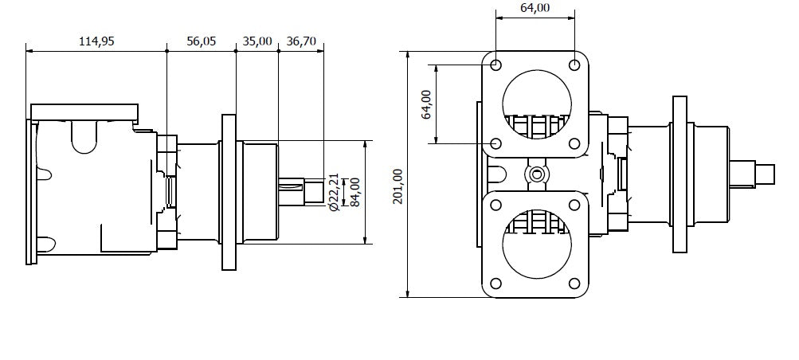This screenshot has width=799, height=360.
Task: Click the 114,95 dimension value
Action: pos(96,41)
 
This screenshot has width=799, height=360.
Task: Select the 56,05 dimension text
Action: pos(202,41)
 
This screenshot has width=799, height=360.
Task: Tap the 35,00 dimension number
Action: pos(257,41)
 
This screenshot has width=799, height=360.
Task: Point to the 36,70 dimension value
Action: pos(301,41)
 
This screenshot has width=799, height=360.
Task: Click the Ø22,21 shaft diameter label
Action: pos(334,192)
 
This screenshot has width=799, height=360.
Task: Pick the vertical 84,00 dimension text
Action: pos(355,192)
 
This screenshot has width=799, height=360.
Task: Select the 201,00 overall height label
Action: pos(398,186)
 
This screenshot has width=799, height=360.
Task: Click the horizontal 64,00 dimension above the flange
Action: pos(535,8)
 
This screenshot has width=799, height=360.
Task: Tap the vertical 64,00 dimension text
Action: pos(426,104)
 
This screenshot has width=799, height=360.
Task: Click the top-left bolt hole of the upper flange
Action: pos(495,65)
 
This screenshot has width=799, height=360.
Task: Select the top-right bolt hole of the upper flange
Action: pos(574,65)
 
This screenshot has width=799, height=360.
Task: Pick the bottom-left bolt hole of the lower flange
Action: pos(495,284)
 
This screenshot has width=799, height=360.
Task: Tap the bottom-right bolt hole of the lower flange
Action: pos(574,284)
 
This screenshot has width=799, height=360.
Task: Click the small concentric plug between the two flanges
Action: pos(536,174)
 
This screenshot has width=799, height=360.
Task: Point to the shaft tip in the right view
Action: pos(765,174)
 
